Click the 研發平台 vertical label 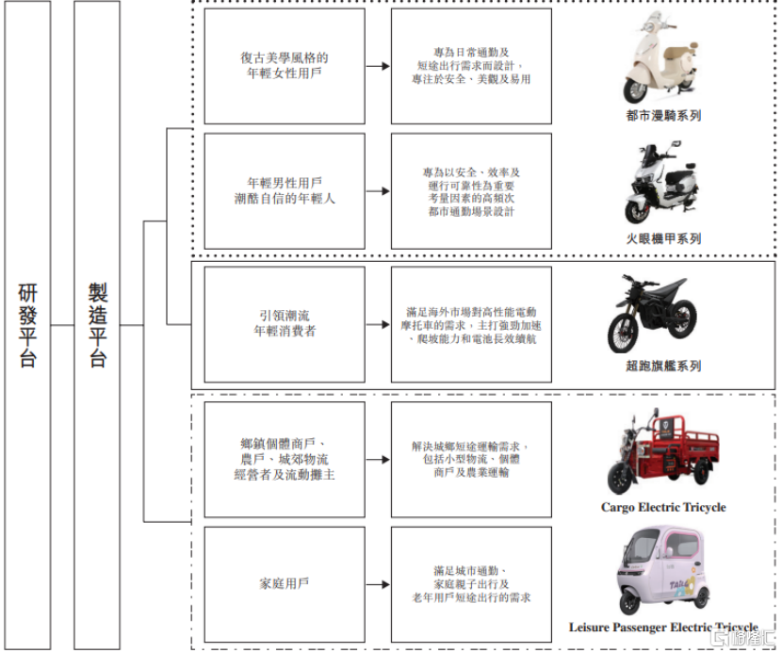point(27,325)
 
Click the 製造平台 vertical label point(98,325)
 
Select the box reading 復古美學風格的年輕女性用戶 point(285,66)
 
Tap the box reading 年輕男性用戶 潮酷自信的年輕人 point(285,190)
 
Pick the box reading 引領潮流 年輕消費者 point(285,324)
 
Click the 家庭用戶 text point(285,583)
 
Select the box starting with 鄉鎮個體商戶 point(285,460)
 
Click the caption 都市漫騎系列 point(663,116)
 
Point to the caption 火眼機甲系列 point(663,239)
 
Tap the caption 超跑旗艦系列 point(663,366)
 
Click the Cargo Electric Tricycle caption point(663,507)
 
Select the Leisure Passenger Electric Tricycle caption point(663,627)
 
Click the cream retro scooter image point(660,57)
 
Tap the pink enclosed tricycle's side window point(685,546)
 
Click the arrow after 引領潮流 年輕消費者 point(378,325)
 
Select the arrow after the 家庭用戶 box point(378,584)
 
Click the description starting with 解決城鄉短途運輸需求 point(471,459)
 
